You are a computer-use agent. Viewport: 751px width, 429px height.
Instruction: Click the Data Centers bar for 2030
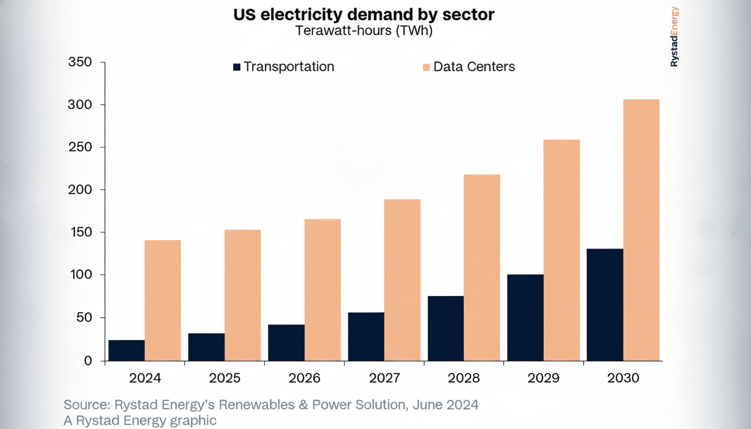(641, 230)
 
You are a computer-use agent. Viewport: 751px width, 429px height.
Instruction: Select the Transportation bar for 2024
(126, 350)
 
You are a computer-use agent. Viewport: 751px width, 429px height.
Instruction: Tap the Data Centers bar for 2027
(402, 280)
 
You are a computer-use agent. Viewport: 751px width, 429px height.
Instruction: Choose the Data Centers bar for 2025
(243, 295)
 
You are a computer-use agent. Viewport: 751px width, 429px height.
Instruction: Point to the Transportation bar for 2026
(286, 342)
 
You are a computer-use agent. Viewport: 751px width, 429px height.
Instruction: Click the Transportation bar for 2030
(605, 304)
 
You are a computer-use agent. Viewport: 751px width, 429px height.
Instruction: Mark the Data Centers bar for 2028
(482, 268)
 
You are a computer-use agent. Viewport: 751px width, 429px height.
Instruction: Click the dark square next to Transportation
(237, 67)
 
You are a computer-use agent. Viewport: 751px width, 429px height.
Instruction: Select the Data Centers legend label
(474, 67)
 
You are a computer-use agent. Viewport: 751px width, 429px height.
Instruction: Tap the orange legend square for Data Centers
(426, 67)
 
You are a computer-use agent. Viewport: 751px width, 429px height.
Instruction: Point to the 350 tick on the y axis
(79, 62)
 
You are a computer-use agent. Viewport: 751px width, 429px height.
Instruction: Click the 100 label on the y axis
(79, 275)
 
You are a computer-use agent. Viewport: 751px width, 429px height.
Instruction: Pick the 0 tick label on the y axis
(88, 361)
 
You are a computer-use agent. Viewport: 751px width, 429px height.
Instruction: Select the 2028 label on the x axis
(464, 378)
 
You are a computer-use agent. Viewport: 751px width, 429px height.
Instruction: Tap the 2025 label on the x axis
(225, 378)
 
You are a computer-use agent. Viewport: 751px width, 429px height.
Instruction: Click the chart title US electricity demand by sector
(364, 15)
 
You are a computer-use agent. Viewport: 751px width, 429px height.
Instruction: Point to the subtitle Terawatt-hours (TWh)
(364, 31)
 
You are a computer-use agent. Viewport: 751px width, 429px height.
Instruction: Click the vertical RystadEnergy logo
(674, 37)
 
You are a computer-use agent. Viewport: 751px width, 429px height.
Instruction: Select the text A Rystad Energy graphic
(140, 421)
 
